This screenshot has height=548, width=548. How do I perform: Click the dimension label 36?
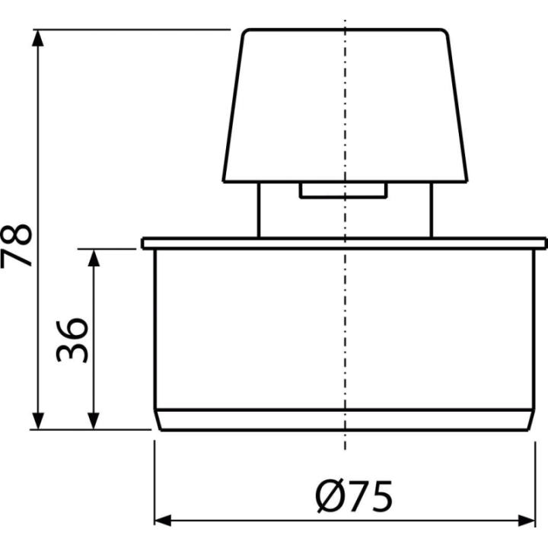[x=72, y=340]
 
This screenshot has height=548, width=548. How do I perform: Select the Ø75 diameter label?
[x=354, y=496]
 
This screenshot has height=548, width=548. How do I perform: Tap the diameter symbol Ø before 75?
[x=330, y=496]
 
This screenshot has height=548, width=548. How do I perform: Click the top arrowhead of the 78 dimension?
[x=38, y=38]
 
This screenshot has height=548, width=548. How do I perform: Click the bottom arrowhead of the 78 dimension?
[x=38, y=421]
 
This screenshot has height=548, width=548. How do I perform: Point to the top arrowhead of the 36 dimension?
[x=94, y=257]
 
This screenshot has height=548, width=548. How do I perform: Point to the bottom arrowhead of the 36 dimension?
[x=94, y=421]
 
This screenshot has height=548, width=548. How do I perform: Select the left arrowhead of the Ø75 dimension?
[x=163, y=521]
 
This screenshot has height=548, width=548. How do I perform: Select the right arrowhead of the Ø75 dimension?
[x=527, y=521]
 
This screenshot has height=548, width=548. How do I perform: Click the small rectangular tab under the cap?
[x=343, y=190]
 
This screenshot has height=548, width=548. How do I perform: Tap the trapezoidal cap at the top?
[x=346, y=106]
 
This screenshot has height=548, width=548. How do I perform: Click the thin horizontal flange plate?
[x=344, y=244]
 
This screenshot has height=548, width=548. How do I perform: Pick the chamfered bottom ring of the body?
[x=344, y=419]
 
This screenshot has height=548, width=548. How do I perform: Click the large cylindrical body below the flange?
[x=344, y=329]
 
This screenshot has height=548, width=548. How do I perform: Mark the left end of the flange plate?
[x=142, y=244]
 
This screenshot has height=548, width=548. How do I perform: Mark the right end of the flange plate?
[x=546, y=244]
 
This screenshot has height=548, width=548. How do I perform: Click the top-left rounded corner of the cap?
[x=245, y=32]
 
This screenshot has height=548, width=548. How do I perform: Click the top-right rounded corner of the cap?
[x=445, y=32]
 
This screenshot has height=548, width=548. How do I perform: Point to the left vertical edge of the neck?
[x=259, y=210]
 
